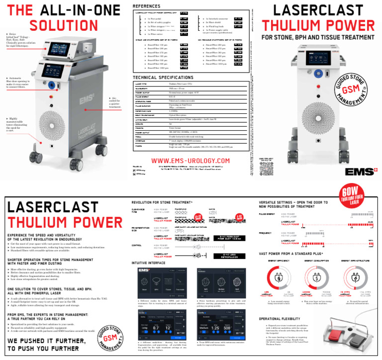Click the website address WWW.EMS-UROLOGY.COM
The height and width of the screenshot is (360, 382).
(x=191, y=161)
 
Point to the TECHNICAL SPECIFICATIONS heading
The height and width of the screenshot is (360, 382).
(x=163, y=78)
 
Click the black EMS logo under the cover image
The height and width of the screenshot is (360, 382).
(x=357, y=171)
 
